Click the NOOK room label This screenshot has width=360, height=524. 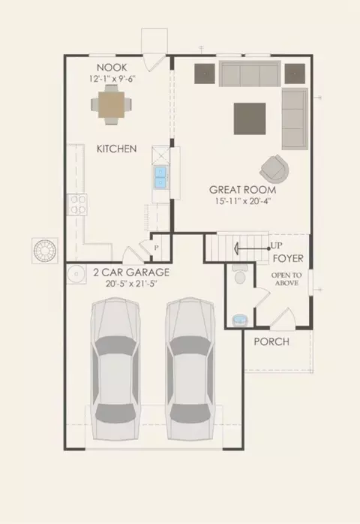coord(112,68)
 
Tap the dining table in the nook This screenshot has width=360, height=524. coord(112,104)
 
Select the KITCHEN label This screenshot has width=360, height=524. coord(116,149)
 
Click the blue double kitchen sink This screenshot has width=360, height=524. coord(161,177)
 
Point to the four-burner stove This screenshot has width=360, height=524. coord(77,204)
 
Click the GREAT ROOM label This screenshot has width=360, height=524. coord(243,190)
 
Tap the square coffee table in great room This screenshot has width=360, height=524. coord(250,119)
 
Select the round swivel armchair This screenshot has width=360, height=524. coord(274,169)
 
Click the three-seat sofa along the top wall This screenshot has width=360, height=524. coord(250,74)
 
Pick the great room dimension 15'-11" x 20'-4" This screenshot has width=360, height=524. coord(243,201)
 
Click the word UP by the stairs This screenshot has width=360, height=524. coord(277,245)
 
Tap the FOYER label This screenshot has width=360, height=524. coord(288,258)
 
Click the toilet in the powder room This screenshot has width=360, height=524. coord(240,274)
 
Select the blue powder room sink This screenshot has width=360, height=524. coord(240,319)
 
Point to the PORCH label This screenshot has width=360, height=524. coord(271,342)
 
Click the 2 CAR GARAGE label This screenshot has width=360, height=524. coord(131,273)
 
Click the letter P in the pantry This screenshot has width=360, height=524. coord(156,248)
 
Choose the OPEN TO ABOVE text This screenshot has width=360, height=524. coord(286,279)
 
